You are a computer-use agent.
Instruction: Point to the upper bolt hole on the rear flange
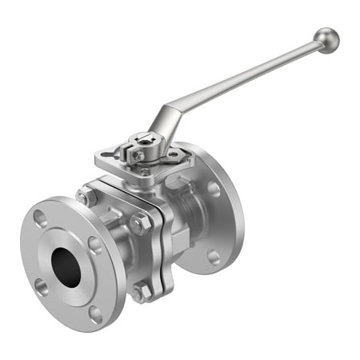click(x=214, y=189)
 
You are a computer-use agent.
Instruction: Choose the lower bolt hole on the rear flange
click(x=214, y=257)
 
